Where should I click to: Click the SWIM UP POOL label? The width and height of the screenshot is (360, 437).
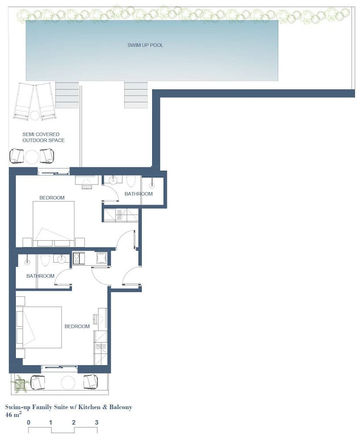(x=145, y=45)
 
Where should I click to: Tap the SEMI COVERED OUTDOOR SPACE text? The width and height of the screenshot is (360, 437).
(x=44, y=137)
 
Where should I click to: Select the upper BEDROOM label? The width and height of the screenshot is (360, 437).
(x=52, y=198)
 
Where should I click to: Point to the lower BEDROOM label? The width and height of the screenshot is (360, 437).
(x=77, y=326)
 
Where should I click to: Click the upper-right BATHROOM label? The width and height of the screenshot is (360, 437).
(x=139, y=194)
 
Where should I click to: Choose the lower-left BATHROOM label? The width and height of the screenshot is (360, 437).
(x=41, y=276)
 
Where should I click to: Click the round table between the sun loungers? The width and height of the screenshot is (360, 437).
(x=35, y=115)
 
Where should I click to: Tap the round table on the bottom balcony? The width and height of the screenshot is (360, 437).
(x=68, y=382)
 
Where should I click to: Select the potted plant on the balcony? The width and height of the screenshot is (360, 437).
(x=20, y=384)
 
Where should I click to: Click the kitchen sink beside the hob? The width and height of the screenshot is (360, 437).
(x=101, y=258)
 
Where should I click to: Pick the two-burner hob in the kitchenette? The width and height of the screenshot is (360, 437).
(x=77, y=258)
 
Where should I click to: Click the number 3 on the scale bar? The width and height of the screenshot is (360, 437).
(x=97, y=423)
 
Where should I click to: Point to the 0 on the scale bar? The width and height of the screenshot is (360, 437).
(x=28, y=423)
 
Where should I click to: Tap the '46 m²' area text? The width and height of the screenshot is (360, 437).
(x=13, y=414)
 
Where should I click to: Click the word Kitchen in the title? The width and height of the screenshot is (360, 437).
(x=89, y=407)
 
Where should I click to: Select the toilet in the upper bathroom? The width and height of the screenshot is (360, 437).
(x=131, y=181)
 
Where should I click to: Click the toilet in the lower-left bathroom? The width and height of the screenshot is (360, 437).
(x=45, y=260)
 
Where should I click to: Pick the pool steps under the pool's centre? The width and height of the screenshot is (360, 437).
(x=136, y=95)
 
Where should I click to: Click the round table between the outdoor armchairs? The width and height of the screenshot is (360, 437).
(x=31, y=157)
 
